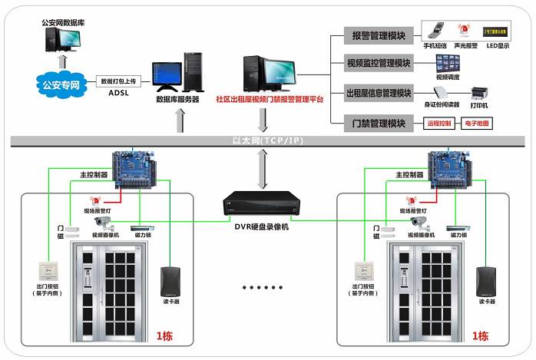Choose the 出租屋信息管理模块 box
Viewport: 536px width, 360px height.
(379, 93)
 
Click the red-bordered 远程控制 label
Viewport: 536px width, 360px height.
(440, 124)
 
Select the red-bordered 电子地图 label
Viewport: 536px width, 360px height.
(478, 124)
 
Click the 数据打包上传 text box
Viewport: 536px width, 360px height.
(117, 81)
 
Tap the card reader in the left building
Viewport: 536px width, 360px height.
(170, 280)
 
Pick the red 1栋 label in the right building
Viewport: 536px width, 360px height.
(480, 336)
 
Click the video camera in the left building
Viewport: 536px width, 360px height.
(103, 223)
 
